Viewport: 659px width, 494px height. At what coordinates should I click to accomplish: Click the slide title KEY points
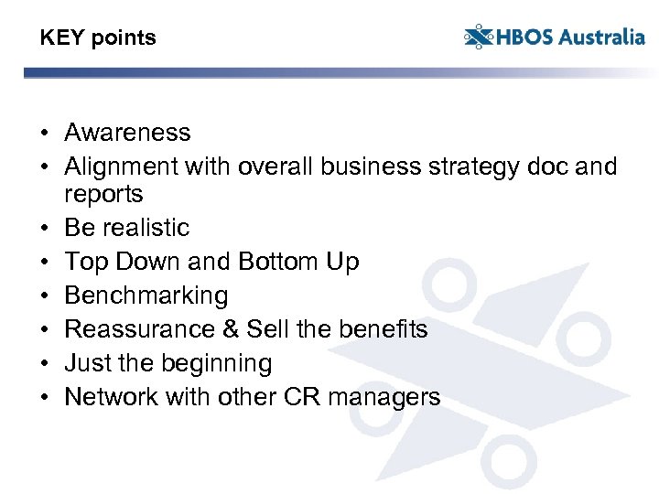[98, 38]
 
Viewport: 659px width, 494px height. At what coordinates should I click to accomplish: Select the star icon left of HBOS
[478, 38]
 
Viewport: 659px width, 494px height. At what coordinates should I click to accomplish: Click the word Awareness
[127, 133]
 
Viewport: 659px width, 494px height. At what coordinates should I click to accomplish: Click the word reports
[103, 194]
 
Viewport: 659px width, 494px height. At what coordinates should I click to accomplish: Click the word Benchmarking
[146, 296]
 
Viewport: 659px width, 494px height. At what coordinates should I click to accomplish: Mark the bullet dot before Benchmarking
[44, 296]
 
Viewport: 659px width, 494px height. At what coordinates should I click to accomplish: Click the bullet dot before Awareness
[44, 134]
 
